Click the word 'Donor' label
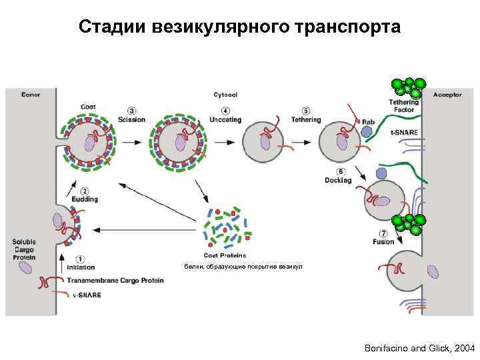31,95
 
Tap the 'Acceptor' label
447,95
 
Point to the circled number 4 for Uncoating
227,111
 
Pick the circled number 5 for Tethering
306,111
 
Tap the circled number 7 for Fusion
383,233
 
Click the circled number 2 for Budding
85,190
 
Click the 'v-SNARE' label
87,295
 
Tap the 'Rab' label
368,121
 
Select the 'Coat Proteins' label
224,255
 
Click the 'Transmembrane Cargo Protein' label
115,281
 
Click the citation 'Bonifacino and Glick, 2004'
420,349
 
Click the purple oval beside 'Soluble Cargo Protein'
26,267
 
